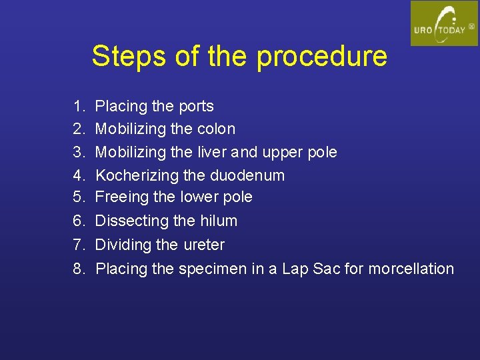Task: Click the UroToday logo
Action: (x=443, y=23)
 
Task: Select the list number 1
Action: (x=79, y=106)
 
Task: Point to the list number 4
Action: (x=79, y=175)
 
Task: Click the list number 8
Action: (x=79, y=269)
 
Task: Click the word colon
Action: (x=217, y=128)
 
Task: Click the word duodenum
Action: (x=247, y=175)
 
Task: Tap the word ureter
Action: (x=203, y=245)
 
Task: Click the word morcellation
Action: (x=411, y=269)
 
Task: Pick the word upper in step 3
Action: (x=285, y=153)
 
